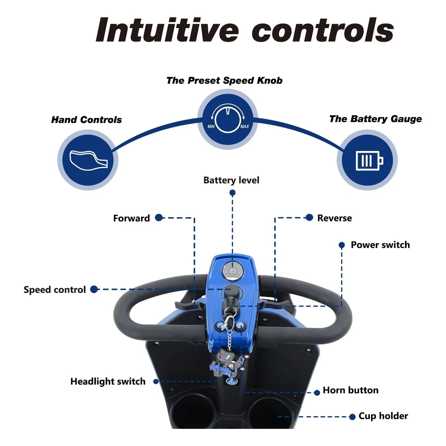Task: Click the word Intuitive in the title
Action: (x=167, y=30)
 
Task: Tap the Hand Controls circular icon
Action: (x=88, y=160)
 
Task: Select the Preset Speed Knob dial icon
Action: (x=228, y=119)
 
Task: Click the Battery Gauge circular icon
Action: (x=367, y=160)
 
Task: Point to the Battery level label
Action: (x=231, y=180)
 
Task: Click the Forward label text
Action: (x=131, y=218)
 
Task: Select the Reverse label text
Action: (x=334, y=218)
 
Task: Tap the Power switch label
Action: (x=380, y=245)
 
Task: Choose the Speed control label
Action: (x=55, y=290)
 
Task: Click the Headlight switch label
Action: (x=108, y=381)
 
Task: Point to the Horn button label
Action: (x=350, y=390)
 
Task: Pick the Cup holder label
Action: (x=383, y=416)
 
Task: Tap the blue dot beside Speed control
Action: (x=94, y=290)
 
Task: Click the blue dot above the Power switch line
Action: (x=342, y=245)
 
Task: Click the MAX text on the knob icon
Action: (x=245, y=127)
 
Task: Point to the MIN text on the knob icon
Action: (x=211, y=127)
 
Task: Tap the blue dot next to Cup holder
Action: (x=352, y=417)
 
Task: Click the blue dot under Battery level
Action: (x=232, y=193)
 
